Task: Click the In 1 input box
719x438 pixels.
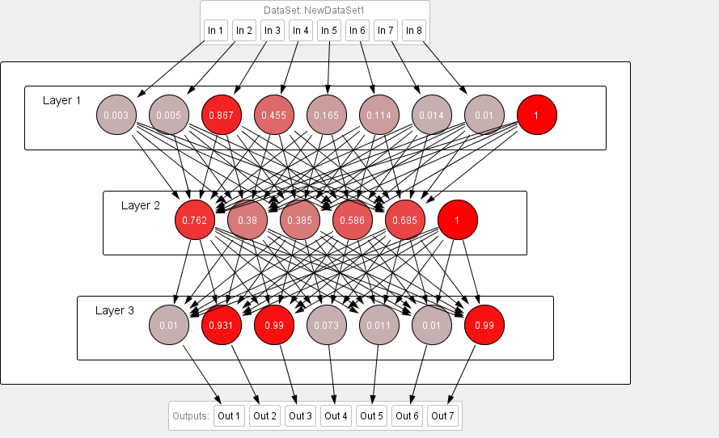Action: point(215,31)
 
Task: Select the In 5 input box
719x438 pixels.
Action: point(328,31)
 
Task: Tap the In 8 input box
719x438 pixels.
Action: point(413,31)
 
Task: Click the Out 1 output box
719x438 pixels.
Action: point(229,416)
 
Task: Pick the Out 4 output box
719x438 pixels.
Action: point(336,416)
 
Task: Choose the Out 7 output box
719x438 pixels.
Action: point(442,416)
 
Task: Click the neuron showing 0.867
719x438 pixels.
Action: point(222,116)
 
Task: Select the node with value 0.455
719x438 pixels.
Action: point(274,116)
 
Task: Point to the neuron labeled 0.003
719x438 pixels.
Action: point(116,116)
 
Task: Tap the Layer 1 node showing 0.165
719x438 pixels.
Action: point(327,116)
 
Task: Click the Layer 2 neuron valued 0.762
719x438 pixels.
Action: point(195,220)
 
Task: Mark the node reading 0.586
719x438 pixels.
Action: point(353,220)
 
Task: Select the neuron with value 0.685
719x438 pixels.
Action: point(405,220)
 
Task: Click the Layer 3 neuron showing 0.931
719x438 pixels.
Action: point(222,325)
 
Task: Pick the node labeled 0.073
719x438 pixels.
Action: point(327,325)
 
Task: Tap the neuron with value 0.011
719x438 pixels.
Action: point(379,325)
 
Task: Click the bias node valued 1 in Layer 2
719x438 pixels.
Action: point(458,220)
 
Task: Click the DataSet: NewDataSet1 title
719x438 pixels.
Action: point(314,11)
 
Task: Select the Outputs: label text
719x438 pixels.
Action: point(191,416)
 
